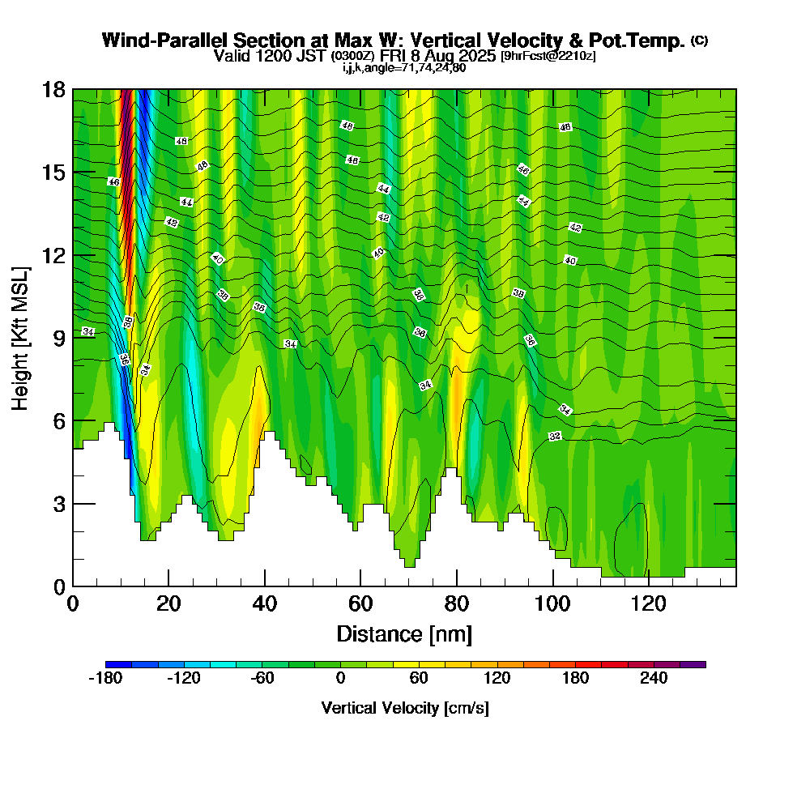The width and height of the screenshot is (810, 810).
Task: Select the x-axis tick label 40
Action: [264, 604]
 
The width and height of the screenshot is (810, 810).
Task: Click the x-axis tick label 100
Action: [552, 604]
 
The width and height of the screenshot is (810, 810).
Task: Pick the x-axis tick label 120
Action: [648, 604]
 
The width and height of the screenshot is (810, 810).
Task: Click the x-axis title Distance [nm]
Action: [404, 633]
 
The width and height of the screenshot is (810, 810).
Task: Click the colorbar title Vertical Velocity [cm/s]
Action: [405, 708]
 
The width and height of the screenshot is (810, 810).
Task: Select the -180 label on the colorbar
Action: [104, 678]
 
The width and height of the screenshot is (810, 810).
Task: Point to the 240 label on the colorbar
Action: [654, 678]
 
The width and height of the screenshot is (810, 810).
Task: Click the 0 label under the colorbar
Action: [340, 678]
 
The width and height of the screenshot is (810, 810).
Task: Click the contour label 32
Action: [555, 437]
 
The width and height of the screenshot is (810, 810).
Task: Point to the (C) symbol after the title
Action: [699, 40]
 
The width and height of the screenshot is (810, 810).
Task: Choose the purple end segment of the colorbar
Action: [697, 664]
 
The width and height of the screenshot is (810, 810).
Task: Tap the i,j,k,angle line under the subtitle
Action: [404, 67]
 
